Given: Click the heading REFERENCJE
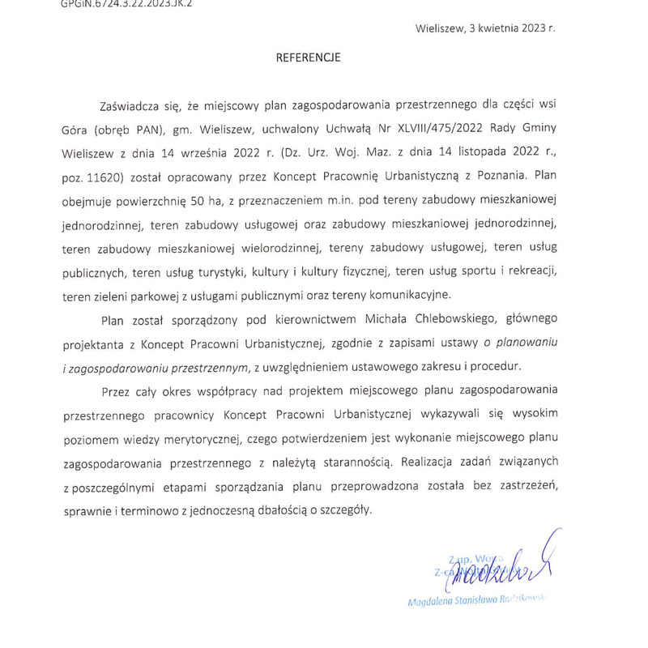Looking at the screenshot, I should pos(308,58).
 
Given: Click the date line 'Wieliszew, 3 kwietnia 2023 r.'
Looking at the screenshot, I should pos(485,27).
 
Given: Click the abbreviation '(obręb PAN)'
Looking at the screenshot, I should pos(130,130).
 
